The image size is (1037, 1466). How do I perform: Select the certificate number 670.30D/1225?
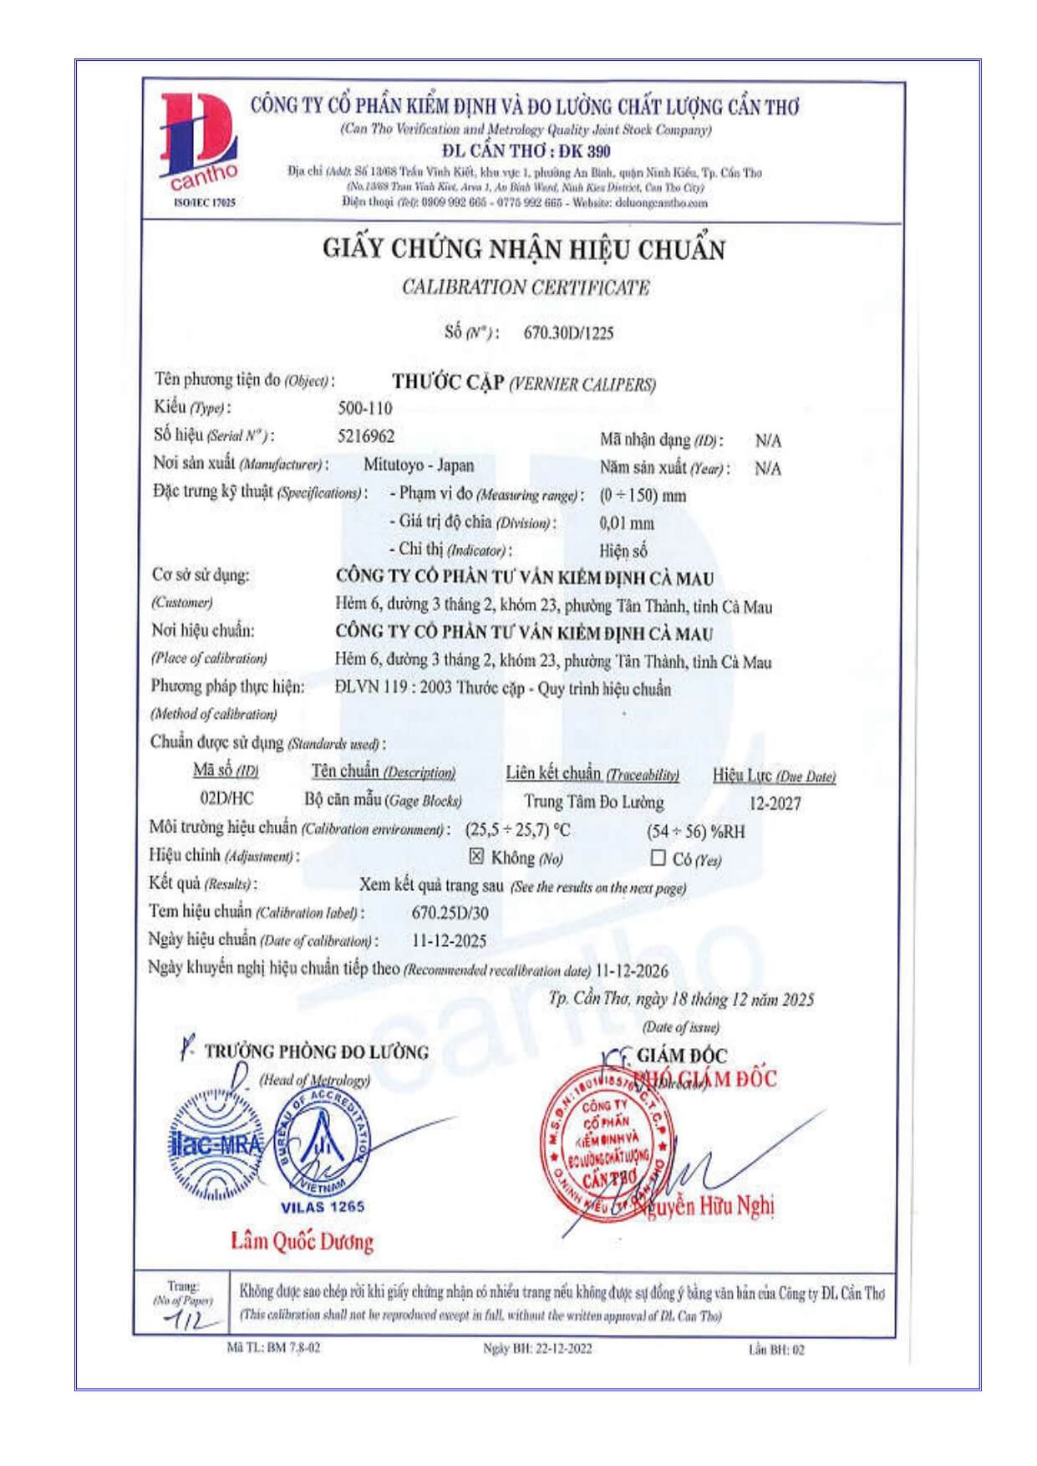568,333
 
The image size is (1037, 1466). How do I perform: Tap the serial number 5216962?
366,436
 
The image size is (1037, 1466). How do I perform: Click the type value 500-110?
364,409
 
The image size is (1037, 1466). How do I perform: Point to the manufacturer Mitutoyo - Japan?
419,466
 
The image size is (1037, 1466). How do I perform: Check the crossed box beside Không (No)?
476,856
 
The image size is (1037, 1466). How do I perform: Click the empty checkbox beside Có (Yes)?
658,858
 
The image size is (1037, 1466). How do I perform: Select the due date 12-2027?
775,804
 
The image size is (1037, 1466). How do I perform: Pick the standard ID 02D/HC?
227,798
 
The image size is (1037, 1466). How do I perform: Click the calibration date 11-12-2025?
449,941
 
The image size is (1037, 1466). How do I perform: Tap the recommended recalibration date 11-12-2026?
631,970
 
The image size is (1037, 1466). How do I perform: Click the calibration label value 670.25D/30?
450,913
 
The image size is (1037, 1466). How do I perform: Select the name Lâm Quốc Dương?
302,1241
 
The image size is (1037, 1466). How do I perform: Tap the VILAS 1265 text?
323,1207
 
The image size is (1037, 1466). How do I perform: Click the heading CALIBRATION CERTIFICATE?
526,288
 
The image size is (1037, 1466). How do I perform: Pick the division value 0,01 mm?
627,523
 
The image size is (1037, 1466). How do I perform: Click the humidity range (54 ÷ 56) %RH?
695,832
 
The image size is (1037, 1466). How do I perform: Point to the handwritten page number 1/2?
183,1321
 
